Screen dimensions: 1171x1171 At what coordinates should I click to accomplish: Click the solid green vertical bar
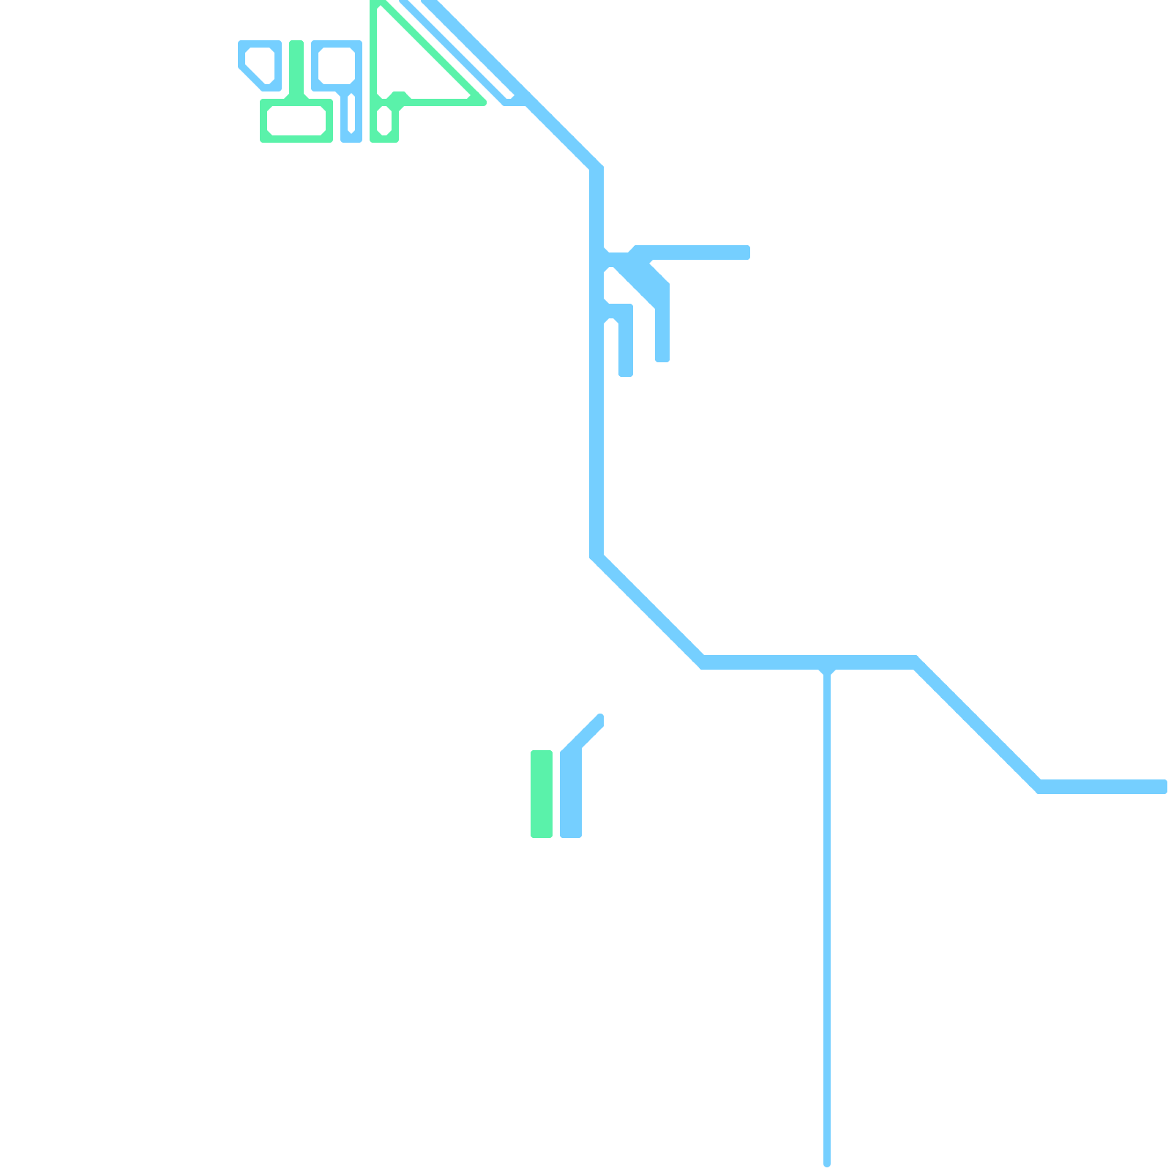pyautogui.click(x=542, y=793)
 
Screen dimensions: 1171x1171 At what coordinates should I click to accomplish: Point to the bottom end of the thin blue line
pyautogui.click(x=827, y=1162)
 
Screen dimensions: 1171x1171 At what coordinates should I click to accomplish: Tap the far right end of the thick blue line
pyautogui.click(x=1162, y=787)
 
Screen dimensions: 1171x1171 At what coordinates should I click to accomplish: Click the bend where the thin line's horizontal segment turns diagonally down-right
pyautogui.click(x=915, y=662)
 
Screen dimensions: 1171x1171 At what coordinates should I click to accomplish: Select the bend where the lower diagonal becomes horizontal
pyautogui.click(x=1039, y=787)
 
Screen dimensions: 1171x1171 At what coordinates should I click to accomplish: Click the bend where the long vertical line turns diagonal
pyautogui.click(x=596, y=556)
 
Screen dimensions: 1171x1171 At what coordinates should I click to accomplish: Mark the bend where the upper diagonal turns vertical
pyautogui.click(x=596, y=168)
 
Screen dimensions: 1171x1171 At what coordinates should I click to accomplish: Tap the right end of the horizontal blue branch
pyautogui.click(x=745, y=252)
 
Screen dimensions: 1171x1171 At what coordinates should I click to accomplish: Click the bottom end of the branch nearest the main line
pyautogui.click(x=626, y=372)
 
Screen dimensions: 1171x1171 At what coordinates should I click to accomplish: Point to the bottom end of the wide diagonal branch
pyautogui.click(x=662, y=356)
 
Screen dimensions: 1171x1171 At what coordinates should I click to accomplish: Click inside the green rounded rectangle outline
pyautogui.click(x=296, y=121)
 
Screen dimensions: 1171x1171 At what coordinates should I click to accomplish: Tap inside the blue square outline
pyautogui.click(x=337, y=66)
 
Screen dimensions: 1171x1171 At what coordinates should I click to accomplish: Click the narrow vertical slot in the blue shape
pyautogui.click(x=351, y=113)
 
